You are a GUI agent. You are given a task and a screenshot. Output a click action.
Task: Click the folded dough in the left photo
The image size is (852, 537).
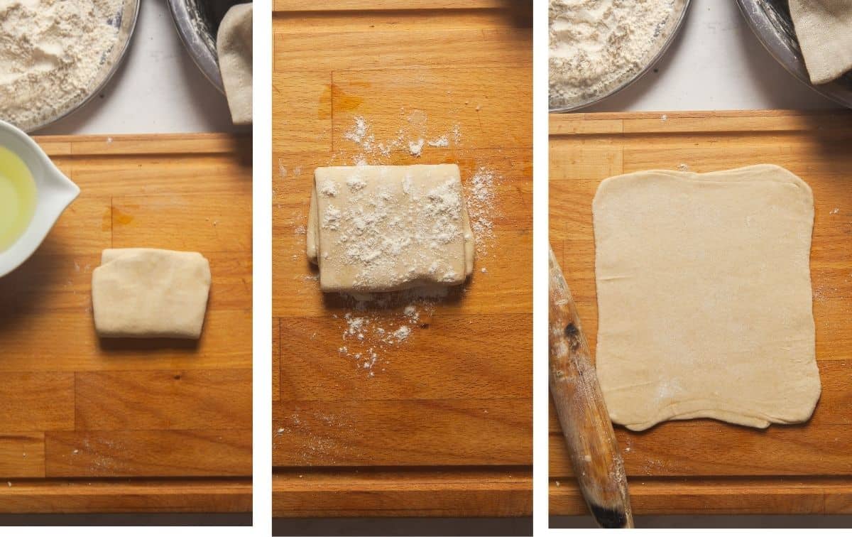point(151,293)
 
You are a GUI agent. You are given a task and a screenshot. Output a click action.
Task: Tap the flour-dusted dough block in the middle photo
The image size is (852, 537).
point(390,227)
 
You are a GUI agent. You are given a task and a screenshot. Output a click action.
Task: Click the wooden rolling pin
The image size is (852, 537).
point(584,398)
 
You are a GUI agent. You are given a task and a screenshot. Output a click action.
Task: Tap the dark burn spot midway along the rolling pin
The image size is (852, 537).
point(571,332)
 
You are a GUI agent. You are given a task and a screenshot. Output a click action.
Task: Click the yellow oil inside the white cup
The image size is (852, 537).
point(14,199)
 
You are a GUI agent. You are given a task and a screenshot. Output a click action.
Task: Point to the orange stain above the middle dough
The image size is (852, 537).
point(344,99)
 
